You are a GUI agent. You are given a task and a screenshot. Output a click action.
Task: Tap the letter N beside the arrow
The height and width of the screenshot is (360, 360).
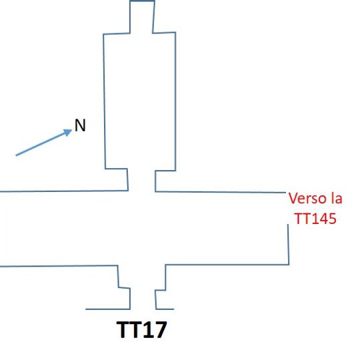point(80,125)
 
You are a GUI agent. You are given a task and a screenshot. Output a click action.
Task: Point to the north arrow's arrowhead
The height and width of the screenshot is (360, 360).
point(70,131)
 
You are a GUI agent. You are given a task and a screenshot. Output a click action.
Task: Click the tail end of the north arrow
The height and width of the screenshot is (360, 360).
point(17,156)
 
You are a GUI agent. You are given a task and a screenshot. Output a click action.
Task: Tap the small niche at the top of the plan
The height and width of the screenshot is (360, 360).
point(141,15)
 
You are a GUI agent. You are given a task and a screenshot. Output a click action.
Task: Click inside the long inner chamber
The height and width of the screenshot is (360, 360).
point(139,100)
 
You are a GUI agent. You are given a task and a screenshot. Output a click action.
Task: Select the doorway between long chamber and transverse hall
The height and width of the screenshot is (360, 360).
point(142,181)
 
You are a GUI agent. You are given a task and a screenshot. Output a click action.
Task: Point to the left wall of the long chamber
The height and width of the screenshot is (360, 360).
point(103,100)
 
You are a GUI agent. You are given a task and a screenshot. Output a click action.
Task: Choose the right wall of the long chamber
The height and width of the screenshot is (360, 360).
point(175,100)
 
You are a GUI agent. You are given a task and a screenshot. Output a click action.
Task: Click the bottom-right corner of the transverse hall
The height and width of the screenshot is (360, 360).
point(288,264)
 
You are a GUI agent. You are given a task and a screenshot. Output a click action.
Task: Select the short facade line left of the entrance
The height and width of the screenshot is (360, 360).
point(107,309)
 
